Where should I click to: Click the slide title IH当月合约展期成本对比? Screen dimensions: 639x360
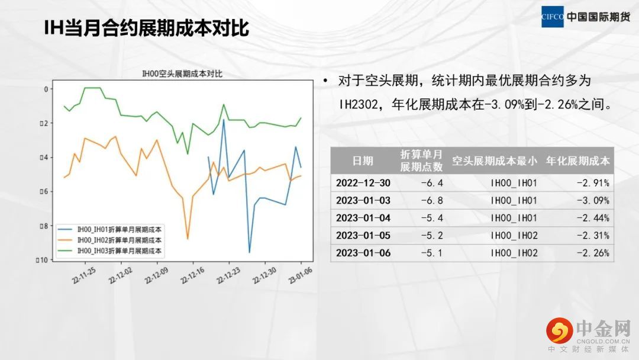tap(146, 28)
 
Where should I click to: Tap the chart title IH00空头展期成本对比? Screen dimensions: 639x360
tap(182, 74)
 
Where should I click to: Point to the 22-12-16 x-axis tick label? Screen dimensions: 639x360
tap(193, 275)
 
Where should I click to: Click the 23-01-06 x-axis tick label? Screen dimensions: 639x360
tap(301, 275)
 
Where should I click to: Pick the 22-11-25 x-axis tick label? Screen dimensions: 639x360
tap(85, 275)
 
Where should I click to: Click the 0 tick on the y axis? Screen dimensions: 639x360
tap(46, 89)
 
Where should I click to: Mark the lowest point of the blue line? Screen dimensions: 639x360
tap(250, 252)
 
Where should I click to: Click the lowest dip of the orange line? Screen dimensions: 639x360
tap(188, 239)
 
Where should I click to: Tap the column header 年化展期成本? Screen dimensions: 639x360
tap(577, 161)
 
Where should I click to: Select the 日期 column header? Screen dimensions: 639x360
tap(363, 161)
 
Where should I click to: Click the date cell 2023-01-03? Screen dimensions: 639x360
tap(363, 201)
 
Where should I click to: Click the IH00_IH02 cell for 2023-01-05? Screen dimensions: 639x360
tap(514, 236)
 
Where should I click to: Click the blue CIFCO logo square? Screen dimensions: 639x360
tap(552, 17)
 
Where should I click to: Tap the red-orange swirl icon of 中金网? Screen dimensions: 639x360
tap(560, 330)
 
